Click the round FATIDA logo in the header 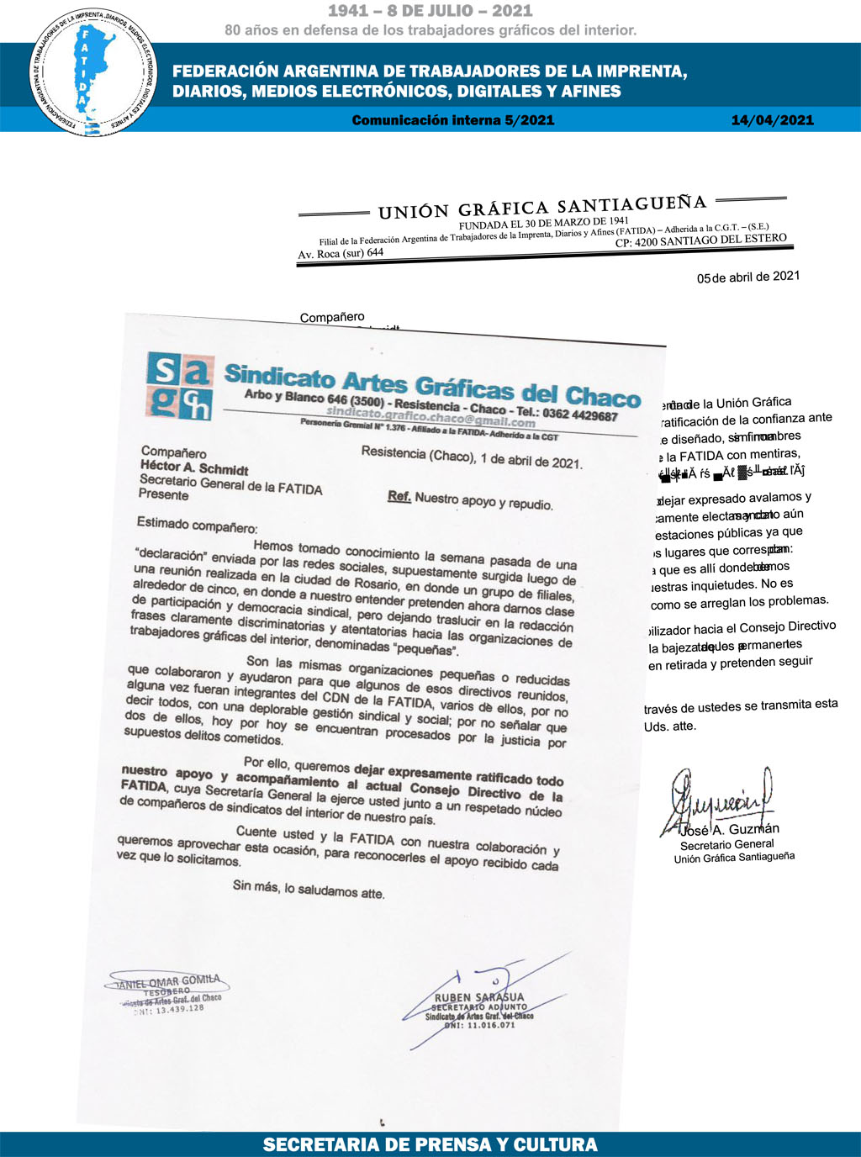92,73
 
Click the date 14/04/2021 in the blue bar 772,120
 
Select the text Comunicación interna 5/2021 452,120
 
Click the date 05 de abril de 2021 748,277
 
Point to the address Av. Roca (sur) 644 341,253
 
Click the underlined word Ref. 399,496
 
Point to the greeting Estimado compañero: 197,526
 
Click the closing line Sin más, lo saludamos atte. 309,889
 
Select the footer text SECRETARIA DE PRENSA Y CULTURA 430,1144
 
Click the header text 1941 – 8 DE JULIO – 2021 430,11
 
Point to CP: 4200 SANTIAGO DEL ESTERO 700,240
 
